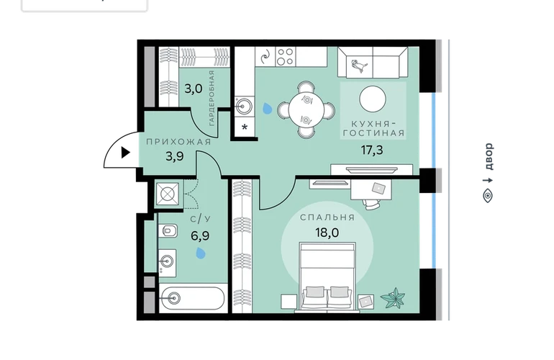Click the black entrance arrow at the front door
tap(126, 153)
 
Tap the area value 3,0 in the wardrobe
tap(194, 89)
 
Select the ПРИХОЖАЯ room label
tap(178, 142)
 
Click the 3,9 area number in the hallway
tap(175, 156)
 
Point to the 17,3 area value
tap(372, 150)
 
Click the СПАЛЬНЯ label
tap(327, 217)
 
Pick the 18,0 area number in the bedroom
tap(327, 233)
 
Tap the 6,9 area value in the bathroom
tap(200, 236)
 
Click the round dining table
tap(306, 109)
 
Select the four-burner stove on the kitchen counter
tap(286, 57)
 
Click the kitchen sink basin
tap(244, 106)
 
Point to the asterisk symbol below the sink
tap(245, 127)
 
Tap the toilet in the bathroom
tap(168, 231)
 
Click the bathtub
tap(192, 298)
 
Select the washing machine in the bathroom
tap(168, 194)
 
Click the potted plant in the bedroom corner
tap(393, 298)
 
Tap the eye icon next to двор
tap(488, 195)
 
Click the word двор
tap(488, 156)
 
